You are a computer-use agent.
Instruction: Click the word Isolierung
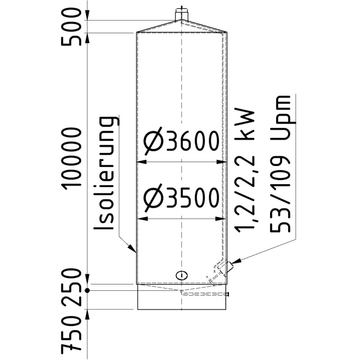pyautogui.click(x=108, y=175)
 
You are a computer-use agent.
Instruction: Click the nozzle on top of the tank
pyautogui.click(x=181, y=13)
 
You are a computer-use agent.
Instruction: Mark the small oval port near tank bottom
pyautogui.click(x=181, y=275)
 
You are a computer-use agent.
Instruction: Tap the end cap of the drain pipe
pyautogui.click(x=229, y=294)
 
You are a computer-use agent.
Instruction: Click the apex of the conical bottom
pyautogui.click(x=181, y=292)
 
